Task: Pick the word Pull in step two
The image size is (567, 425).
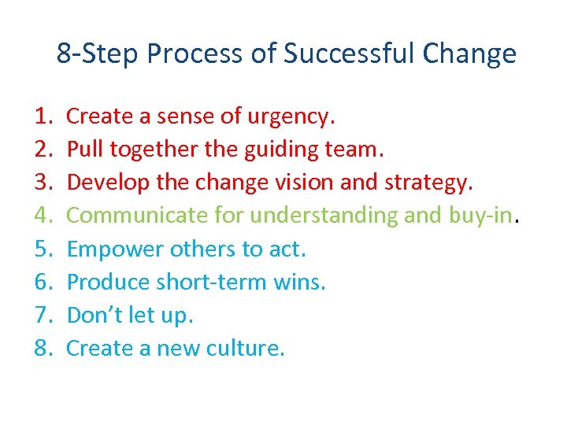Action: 83,150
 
